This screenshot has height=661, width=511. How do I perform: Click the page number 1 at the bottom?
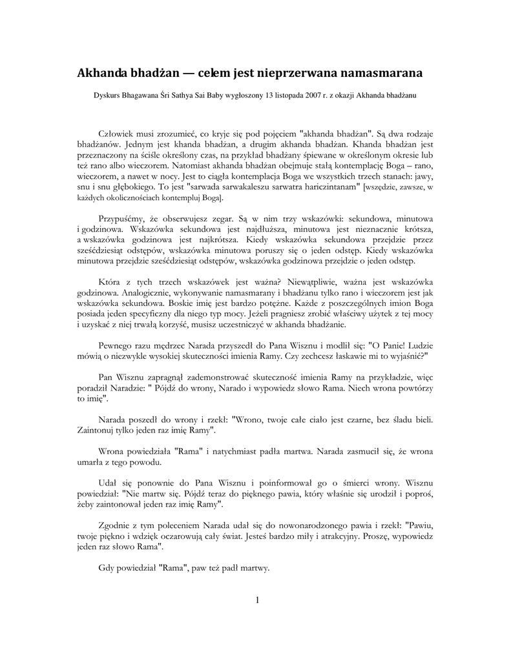coord(256,601)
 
